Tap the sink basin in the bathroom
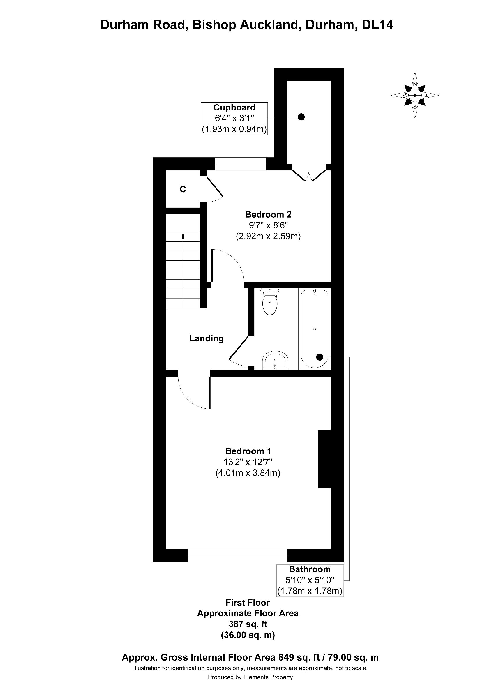tap(276, 361)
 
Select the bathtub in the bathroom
tap(314, 329)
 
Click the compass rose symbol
tap(415, 95)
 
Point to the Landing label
tap(206, 338)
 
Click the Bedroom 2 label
tap(268, 214)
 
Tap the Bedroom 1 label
tap(248, 451)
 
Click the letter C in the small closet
tap(183, 189)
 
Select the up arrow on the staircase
tap(183, 236)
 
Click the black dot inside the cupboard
tap(301, 116)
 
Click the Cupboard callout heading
tap(234, 107)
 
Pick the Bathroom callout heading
tap(310, 569)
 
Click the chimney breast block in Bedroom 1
tap(324, 458)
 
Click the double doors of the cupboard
tap(309, 176)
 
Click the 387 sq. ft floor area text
tap(248, 624)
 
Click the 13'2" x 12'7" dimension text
tap(248, 462)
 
